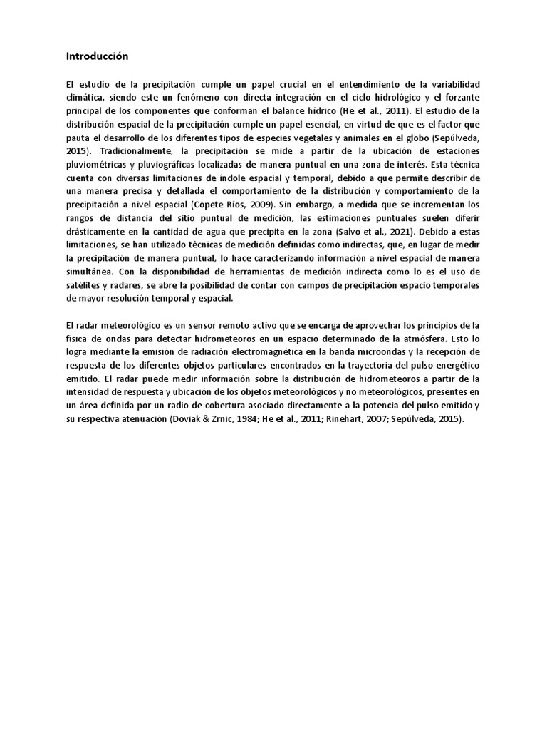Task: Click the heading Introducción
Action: pyautogui.click(x=97, y=55)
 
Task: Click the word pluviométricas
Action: pyautogui.click(x=98, y=165)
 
